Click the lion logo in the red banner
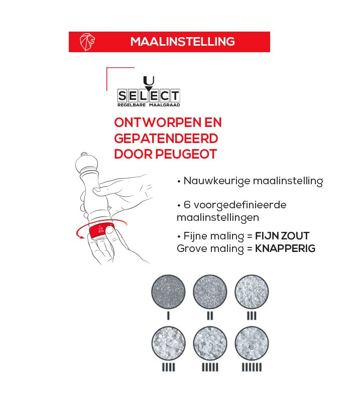[87, 42]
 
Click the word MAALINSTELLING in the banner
[183, 42]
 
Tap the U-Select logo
[149, 92]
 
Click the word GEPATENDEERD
[166, 139]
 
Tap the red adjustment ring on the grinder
[100, 231]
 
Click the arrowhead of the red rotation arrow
[80, 236]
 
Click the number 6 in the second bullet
[187, 205]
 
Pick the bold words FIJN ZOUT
[282, 236]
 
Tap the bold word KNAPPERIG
[285, 248]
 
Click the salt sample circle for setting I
[168, 292]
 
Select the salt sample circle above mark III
[252, 292]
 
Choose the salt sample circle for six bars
[252, 343]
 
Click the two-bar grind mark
[210, 316]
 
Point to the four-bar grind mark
[168, 367]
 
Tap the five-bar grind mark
[210, 367]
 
